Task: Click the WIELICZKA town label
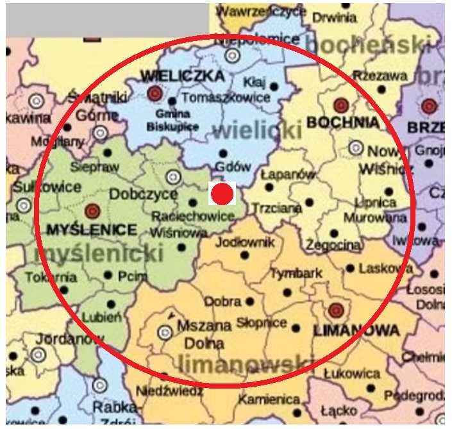click(183, 76)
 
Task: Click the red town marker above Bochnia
click(340, 105)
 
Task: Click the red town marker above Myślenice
click(92, 210)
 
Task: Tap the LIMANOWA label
click(356, 330)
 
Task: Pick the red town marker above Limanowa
click(333, 312)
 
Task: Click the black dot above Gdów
click(223, 153)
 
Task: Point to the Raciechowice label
click(192, 217)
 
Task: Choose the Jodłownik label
click(245, 242)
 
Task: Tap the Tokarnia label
click(51, 277)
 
